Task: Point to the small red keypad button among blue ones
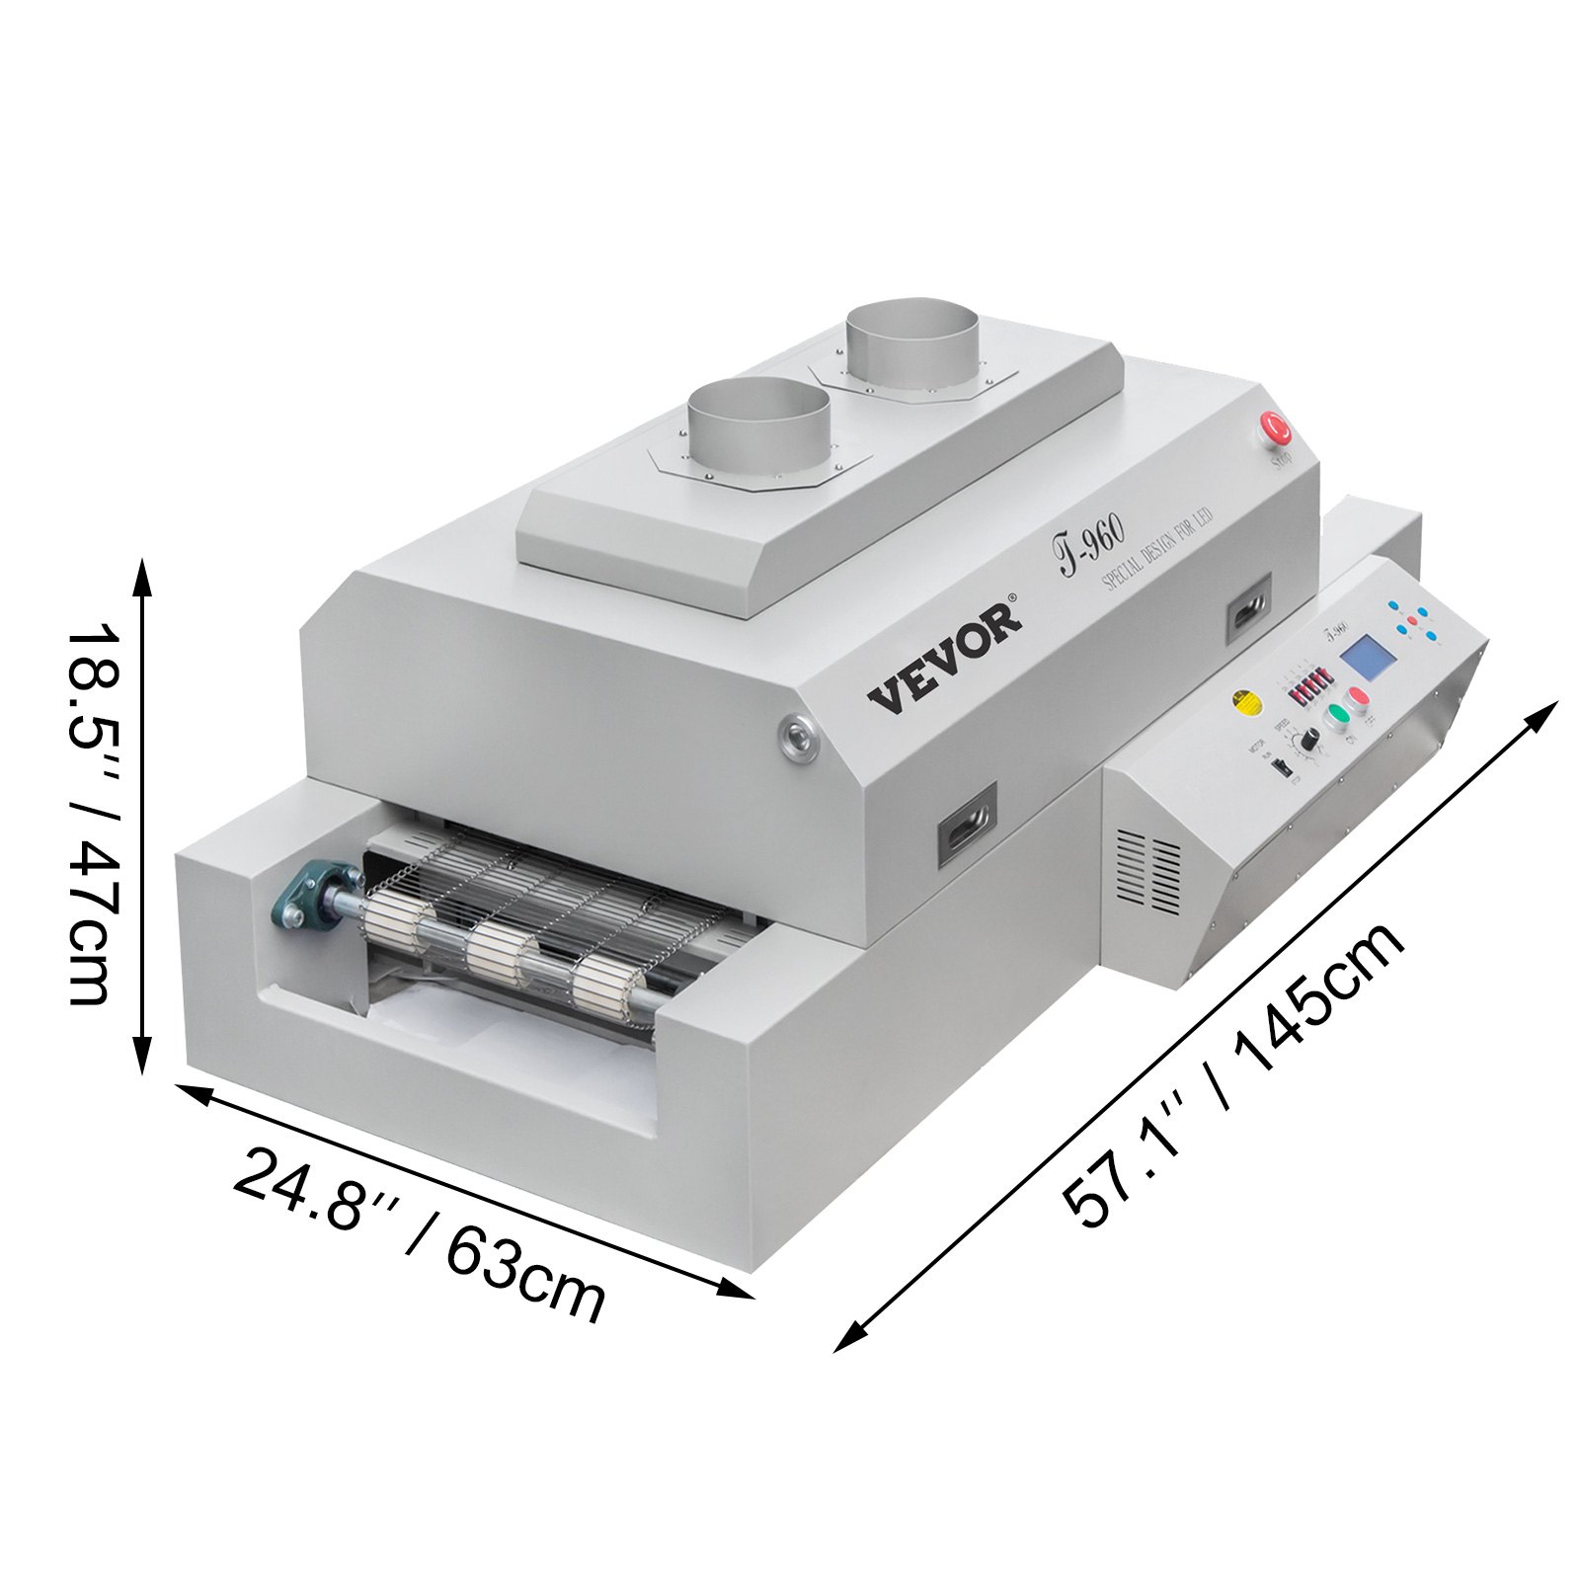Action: (1412, 620)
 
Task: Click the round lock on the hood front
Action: (796, 735)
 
